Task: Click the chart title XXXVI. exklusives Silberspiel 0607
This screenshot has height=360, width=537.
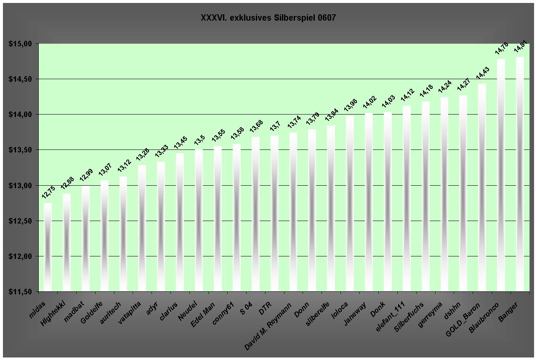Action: (x=268, y=19)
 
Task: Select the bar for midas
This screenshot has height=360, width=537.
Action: (x=48, y=248)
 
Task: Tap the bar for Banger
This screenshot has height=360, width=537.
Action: (x=520, y=175)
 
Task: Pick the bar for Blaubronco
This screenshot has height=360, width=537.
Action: (x=501, y=176)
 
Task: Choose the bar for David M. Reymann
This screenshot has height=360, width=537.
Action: (x=293, y=213)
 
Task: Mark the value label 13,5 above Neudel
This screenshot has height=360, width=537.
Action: (x=199, y=140)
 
